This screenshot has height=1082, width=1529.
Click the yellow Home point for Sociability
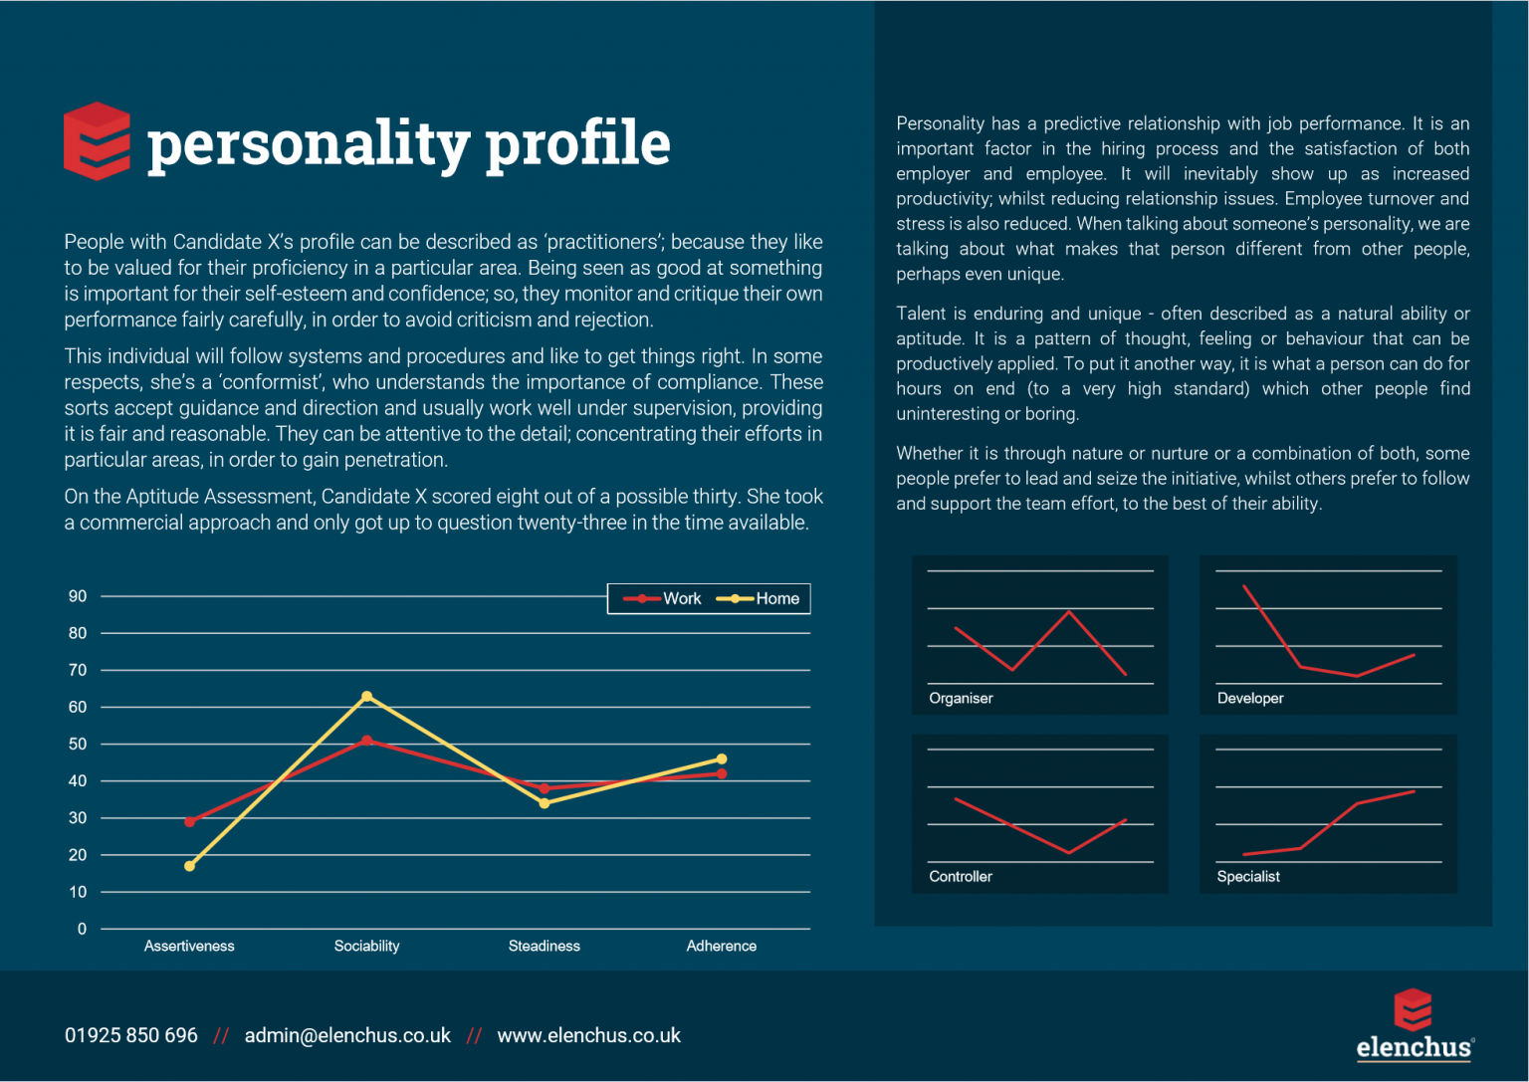coord(367,697)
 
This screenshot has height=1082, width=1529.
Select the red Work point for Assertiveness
coord(190,821)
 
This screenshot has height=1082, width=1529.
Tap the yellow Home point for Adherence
coord(722,759)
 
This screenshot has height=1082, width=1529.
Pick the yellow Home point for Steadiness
coord(545,803)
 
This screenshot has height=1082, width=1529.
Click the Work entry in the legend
coord(663,598)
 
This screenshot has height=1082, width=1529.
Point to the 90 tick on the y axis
coord(78,596)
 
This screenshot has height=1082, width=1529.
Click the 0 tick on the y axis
coord(82,929)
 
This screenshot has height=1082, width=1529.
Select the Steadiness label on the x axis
coord(545,946)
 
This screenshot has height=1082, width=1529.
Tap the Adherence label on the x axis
coord(722,946)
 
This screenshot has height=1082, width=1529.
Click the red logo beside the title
coord(97,141)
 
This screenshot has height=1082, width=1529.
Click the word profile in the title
coord(577,142)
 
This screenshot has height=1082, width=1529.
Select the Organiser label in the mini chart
coord(961,698)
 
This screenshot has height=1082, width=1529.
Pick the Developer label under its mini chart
coord(1250,698)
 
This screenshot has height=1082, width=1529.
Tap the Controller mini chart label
coord(961,876)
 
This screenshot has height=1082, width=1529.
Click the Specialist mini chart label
coord(1248,876)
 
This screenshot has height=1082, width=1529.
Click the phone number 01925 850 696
coord(131,1035)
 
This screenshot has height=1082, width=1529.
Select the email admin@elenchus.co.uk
coord(347,1035)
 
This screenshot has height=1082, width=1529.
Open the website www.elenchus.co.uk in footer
coord(589,1035)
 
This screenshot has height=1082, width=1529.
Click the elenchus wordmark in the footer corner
coord(1414,1047)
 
